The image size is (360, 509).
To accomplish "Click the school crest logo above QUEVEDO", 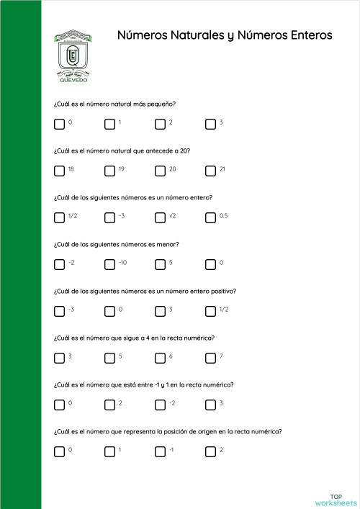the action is point(73,53).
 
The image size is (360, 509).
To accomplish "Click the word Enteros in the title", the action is point(303,35).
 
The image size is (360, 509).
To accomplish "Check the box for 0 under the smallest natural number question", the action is point(59,124).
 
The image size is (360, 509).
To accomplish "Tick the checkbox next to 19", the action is point(109,171).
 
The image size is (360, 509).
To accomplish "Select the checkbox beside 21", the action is point(210,171).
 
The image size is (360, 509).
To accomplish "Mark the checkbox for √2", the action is point(160,217).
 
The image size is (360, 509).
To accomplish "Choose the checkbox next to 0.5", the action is point(210,217).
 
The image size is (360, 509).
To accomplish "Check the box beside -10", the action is point(109,264).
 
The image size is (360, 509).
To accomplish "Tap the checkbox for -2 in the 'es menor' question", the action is point(59,264).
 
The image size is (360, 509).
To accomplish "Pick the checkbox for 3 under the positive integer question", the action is point(160,311).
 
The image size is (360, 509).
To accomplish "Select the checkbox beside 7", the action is point(210,358).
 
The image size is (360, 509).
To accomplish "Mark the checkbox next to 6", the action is point(160,358).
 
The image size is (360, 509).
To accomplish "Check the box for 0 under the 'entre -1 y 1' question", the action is point(59,405).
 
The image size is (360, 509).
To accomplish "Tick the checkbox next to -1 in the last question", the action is point(160,451).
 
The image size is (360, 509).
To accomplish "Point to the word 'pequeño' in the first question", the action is point(163,104).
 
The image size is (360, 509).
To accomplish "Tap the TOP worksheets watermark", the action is point(336,500).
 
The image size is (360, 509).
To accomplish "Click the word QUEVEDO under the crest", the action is point(73,81).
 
